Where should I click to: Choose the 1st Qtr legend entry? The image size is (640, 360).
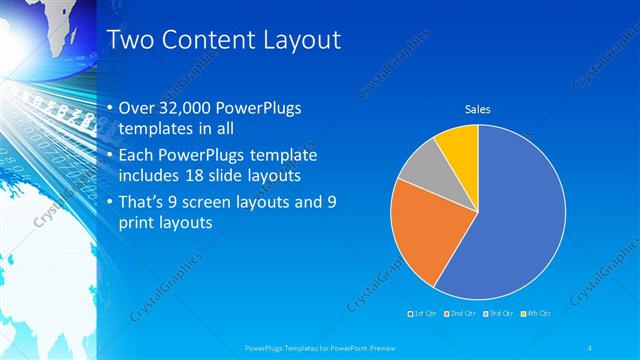[x=422, y=314]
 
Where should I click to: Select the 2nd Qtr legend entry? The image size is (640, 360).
[x=459, y=314]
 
